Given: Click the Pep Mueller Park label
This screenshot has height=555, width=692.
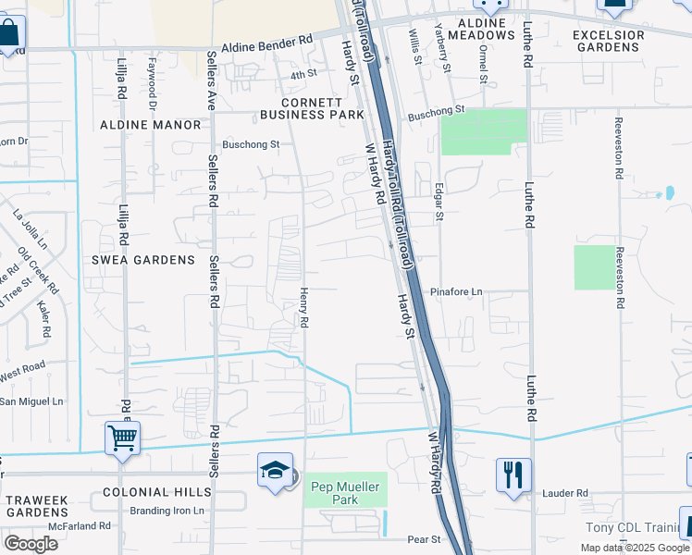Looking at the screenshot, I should click(x=346, y=493).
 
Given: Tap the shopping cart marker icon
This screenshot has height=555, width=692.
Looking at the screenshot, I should click(x=122, y=439).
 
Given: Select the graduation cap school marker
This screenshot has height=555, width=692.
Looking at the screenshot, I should click(x=276, y=471).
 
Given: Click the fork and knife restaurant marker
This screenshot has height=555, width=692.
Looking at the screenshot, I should click(x=513, y=476).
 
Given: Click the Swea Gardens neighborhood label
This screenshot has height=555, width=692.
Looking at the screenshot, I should click(x=143, y=260).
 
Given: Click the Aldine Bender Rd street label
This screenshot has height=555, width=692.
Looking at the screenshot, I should click(x=268, y=43).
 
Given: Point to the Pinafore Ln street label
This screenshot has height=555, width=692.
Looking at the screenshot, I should click(x=457, y=292).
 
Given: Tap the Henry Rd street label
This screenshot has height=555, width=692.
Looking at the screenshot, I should click(x=303, y=307).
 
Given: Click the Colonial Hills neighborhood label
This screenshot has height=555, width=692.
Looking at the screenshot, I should click(x=151, y=492).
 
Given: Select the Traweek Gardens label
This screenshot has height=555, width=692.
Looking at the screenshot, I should click(x=37, y=505).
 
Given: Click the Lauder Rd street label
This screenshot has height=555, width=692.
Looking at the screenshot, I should click(x=565, y=494).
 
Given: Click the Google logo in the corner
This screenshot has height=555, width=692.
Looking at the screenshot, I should click(x=31, y=544).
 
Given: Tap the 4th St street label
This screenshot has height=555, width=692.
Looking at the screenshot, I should click(x=303, y=74).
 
